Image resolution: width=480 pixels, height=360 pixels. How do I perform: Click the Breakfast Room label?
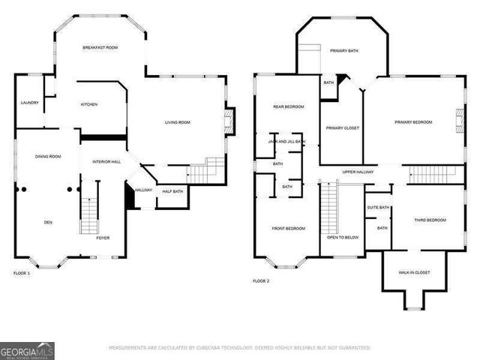point(100,48)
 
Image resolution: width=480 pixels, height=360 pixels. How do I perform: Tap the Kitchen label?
point(89,104)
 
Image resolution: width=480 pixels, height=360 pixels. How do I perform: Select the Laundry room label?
point(30,103)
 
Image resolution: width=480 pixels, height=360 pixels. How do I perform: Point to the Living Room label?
point(178,122)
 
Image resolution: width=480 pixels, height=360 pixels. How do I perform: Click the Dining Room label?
point(47,156)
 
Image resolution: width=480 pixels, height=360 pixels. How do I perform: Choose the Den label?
point(47,223)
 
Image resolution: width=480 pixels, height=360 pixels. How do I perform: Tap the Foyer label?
point(103,238)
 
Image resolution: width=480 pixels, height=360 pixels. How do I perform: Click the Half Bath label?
point(172,191)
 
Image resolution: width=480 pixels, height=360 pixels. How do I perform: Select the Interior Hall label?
point(106,162)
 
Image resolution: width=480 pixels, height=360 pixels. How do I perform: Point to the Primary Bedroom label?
point(414,121)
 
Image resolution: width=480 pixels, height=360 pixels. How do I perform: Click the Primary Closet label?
point(342,128)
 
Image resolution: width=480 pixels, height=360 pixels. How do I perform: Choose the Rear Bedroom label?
point(288,107)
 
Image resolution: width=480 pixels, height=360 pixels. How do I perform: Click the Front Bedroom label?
point(288,229)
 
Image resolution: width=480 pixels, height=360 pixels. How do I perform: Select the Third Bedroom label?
point(430,220)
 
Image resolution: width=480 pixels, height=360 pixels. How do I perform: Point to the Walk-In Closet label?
point(414,272)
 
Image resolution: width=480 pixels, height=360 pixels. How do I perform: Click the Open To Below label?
point(343,238)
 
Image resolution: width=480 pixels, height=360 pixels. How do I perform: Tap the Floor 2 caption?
point(261,280)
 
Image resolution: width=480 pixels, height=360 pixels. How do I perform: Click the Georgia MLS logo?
point(27,351)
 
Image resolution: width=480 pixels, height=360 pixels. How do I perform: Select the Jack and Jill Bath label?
point(287,142)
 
